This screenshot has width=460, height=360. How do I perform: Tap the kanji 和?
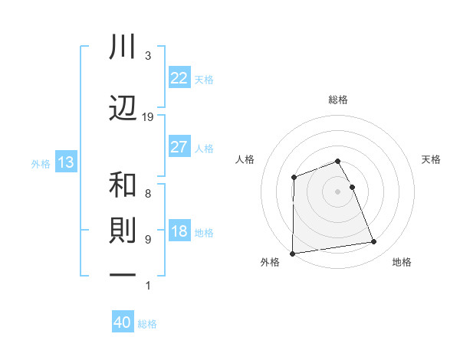pos(123,185)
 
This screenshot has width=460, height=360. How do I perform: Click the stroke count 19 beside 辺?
pos(148,117)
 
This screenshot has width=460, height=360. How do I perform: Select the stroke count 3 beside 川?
pos(148,56)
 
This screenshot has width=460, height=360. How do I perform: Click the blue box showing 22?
pos(179,78)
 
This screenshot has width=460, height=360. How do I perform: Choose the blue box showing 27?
pos(179,147)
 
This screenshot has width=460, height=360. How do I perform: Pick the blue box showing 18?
pos(179,232)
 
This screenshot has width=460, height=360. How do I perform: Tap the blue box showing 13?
pos(65,162)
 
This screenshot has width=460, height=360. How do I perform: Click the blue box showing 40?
pos(122,322)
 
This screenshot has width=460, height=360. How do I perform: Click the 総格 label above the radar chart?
pos(338,100)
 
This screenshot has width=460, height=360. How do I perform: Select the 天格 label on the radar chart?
pos(431,159)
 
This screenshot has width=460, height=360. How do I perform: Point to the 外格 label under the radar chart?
pos(270,262)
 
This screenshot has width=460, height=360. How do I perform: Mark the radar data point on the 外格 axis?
pos(293,253)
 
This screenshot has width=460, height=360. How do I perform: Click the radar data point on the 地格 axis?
pos(374,242)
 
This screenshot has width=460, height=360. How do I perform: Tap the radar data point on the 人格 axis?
pos(294,178)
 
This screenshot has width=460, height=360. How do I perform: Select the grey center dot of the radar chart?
pos(337,191)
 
